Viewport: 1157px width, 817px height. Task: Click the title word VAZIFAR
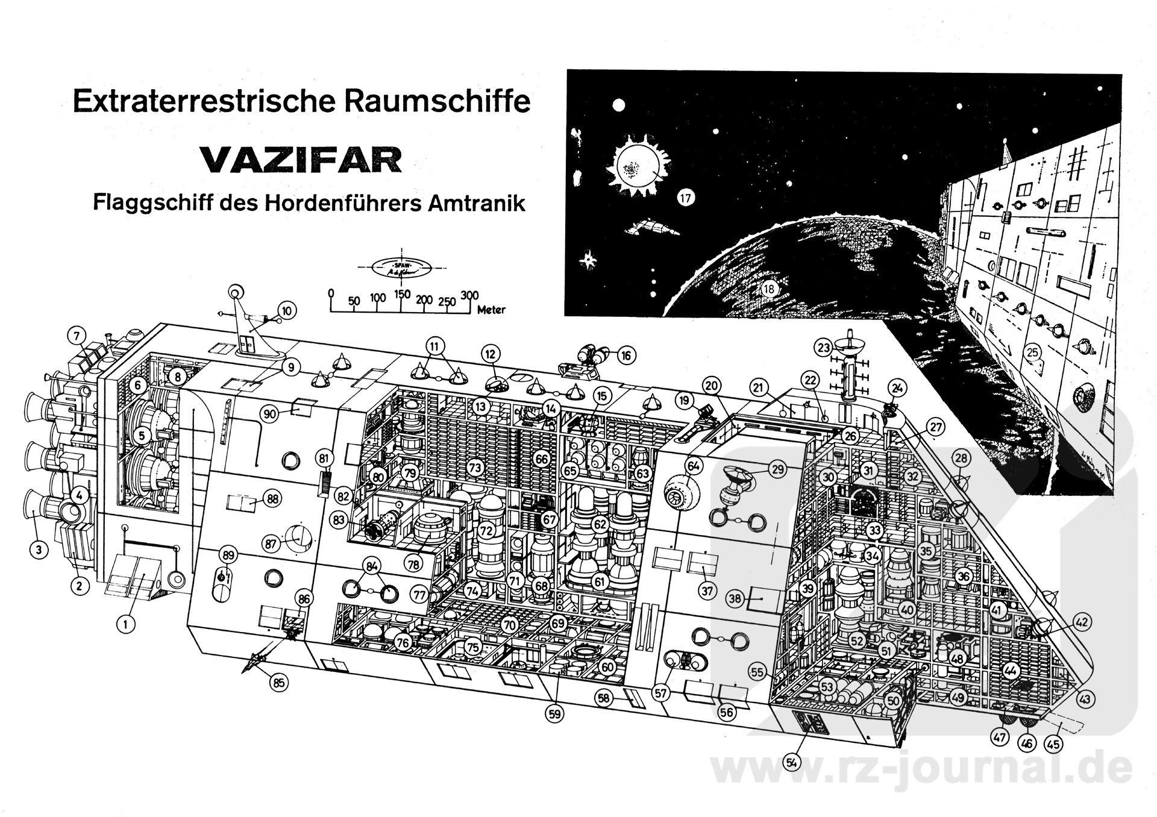tap(301, 160)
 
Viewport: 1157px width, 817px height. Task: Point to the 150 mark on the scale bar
tap(402, 295)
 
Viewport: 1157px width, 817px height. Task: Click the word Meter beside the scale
tap(491, 310)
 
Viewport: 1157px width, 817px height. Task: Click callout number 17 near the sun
tap(686, 198)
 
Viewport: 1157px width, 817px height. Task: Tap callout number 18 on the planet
tap(768, 289)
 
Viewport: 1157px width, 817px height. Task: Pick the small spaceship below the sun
tap(653, 228)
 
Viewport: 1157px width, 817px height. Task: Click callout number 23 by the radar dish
tap(824, 348)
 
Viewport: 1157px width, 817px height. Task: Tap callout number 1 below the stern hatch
tap(125, 624)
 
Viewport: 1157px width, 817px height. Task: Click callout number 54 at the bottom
tap(792, 762)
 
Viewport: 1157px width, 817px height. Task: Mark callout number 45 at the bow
tap(1053, 745)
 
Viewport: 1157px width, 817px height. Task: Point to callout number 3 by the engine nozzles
tap(39, 549)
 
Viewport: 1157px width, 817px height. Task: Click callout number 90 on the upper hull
tap(269, 414)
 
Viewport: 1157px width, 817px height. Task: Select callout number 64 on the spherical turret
tap(694, 466)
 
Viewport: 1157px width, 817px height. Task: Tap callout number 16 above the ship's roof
tap(626, 355)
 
